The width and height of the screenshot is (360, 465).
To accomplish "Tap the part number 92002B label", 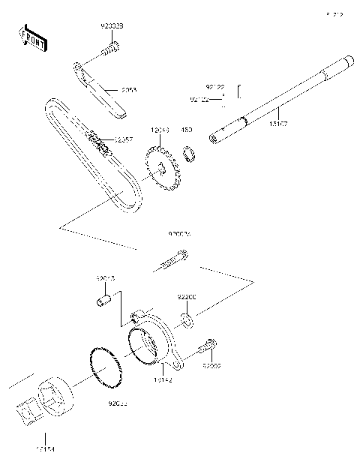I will tap(112, 26).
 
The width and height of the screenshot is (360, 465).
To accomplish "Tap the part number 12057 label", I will tap(124, 139).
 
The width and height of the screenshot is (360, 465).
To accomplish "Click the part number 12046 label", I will tap(160, 130).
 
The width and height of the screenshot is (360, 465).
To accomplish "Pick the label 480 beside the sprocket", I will tap(186, 130).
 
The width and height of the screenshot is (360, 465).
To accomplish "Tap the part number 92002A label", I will tap(179, 235).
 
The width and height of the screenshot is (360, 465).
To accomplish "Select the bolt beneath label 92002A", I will tap(172, 262).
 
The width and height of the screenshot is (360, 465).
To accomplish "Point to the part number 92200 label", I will tap(187, 297).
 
